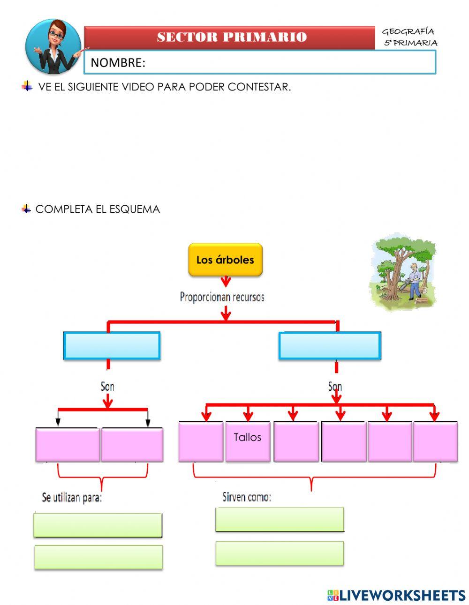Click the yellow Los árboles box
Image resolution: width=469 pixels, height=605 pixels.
pyautogui.click(x=225, y=259)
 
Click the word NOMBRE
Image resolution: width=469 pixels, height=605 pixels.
pyautogui.click(x=118, y=63)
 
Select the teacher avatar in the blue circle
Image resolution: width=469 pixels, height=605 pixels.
pyautogui.click(x=53, y=47)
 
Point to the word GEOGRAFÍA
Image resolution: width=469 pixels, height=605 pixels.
pyautogui.click(x=408, y=32)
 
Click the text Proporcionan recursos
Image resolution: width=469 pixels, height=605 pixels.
pyautogui.click(x=222, y=297)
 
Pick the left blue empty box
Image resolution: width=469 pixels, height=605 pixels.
pyautogui.click(x=112, y=346)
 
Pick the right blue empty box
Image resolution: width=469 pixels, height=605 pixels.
pyautogui.click(x=329, y=346)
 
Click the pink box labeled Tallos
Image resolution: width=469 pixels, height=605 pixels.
pyautogui.click(x=248, y=441)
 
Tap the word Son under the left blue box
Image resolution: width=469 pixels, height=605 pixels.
pyautogui.click(x=107, y=387)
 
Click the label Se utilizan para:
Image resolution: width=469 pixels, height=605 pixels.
pyautogui.click(x=72, y=498)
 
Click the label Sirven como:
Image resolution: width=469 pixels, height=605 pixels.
pyautogui.click(x=247, y=497)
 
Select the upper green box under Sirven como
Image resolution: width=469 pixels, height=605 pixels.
pyautogui.click(x=280, y=519)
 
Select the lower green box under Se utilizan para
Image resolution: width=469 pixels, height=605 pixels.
pyautogui.click(x=98, y=557)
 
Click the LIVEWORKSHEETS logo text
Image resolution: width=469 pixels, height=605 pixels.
pyautogui.click(x=402, y=595)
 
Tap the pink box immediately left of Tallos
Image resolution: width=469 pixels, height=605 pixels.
pyautogui.click(x=201, y=441)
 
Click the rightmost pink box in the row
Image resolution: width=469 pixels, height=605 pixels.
pyautogui.click(x=435, y=441)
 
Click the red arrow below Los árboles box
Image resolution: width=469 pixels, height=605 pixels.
pyautogui.click(x=226, y=281)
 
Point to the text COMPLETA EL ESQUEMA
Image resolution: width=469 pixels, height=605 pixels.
pyautogui.click(x=98, y=209)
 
